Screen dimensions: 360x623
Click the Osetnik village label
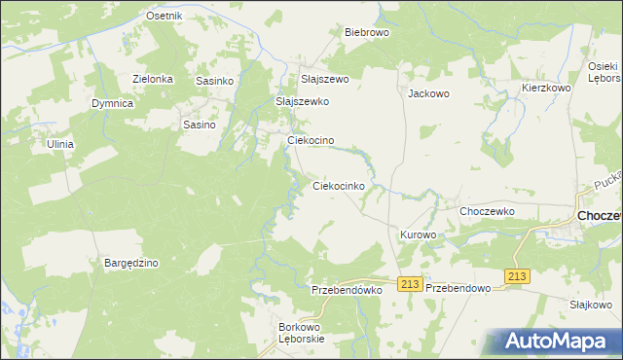point(165,17)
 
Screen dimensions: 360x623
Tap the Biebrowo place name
point(367,32)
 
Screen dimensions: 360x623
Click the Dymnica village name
point(112,102)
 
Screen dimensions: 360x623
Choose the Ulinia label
point(60,144)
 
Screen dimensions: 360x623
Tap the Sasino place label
point(199,125)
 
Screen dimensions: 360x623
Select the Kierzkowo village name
point(545,88)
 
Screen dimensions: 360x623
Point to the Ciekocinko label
point(338,185)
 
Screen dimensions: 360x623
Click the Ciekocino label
point(311,140)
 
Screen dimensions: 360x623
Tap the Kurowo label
point(418,235)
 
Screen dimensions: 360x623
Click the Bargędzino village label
point(131,263)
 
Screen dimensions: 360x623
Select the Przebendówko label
point(346,290)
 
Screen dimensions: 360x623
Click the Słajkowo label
point(590,305)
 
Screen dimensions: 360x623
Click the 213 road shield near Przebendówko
point(409,283)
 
